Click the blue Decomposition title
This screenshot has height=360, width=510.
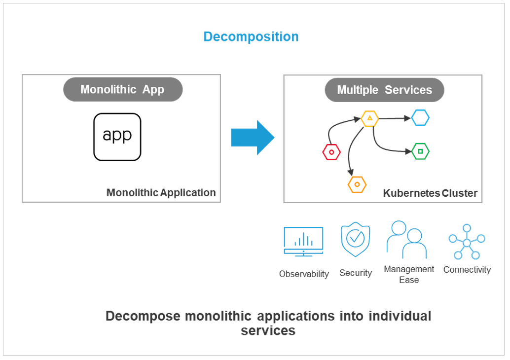[251, 37]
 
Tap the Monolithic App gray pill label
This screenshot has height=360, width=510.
[123, 90]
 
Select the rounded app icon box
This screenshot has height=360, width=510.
[117, 137]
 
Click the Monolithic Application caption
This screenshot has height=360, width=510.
[161, 193]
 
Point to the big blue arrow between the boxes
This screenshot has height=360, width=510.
[252, 138]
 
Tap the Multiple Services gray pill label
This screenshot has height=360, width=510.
[384, 90]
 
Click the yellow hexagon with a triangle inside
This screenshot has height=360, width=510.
[369, 118]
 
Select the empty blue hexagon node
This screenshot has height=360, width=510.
[420, 118]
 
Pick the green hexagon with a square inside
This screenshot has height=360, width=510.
[420, 151]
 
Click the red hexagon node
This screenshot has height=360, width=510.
[331, 152]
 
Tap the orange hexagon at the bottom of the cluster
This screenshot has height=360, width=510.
[357, 184]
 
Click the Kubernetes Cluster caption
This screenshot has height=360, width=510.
[430, 193]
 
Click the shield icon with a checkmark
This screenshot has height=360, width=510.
[355, 239]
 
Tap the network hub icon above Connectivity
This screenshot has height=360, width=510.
[467, 242]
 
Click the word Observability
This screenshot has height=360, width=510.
[304, 274]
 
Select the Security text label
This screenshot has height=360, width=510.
[356, 273]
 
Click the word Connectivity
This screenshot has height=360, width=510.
[467, 270]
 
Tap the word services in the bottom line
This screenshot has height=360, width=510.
[268, 330]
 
